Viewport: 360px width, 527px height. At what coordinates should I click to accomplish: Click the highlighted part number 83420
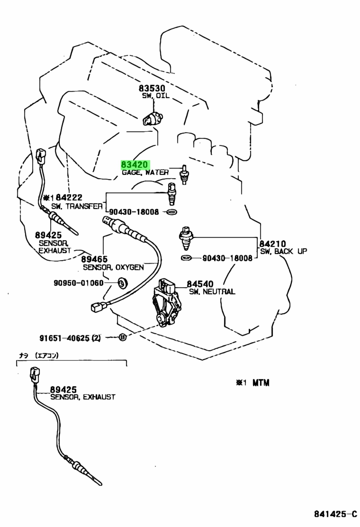click(135, 165)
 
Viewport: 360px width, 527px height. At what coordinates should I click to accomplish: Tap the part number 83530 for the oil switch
click(152, 89)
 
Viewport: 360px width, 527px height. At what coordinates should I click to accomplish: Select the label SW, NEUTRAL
click(212, 291)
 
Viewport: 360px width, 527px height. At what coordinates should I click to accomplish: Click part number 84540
click(200, 284)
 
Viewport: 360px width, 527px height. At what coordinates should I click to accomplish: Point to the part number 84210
click(272, 244)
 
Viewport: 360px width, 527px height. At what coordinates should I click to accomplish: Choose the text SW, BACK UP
click(283, 251)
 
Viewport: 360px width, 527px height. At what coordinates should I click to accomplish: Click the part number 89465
click(94, 259)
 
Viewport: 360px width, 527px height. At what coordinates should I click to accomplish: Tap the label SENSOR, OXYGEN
click(113, 267)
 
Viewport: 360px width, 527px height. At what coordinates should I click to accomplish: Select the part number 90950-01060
click(79, 283)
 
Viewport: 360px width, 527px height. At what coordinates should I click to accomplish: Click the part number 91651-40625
click(64, 337)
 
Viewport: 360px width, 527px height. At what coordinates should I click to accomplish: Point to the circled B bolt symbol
click(123, 337)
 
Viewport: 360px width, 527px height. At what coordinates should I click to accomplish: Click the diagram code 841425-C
click(335, 514)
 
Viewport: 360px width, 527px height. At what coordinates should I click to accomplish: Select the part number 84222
click(69, 197)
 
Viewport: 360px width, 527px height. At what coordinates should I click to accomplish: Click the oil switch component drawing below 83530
click(153, 118)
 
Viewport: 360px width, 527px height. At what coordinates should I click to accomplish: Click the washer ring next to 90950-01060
click(123, 282)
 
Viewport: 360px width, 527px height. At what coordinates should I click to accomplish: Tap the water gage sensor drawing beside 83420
click(184, 174)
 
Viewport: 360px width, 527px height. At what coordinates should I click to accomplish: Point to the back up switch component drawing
click(185, 238)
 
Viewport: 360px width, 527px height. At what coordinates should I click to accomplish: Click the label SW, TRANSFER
click(77, 206)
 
